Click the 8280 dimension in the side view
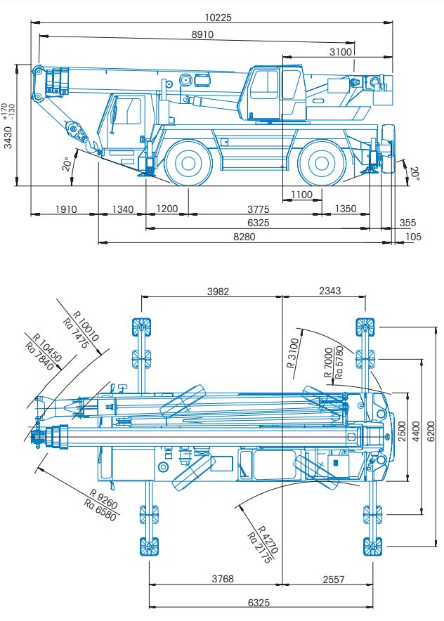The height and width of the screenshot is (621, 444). [x=244, y=237]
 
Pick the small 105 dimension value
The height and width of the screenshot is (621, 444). [x=414, y=237]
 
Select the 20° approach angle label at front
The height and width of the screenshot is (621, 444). [x=67, y=165]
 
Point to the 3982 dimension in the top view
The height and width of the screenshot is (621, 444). [x=218, y=291]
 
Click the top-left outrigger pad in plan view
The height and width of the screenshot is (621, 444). [x=141, y=327]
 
